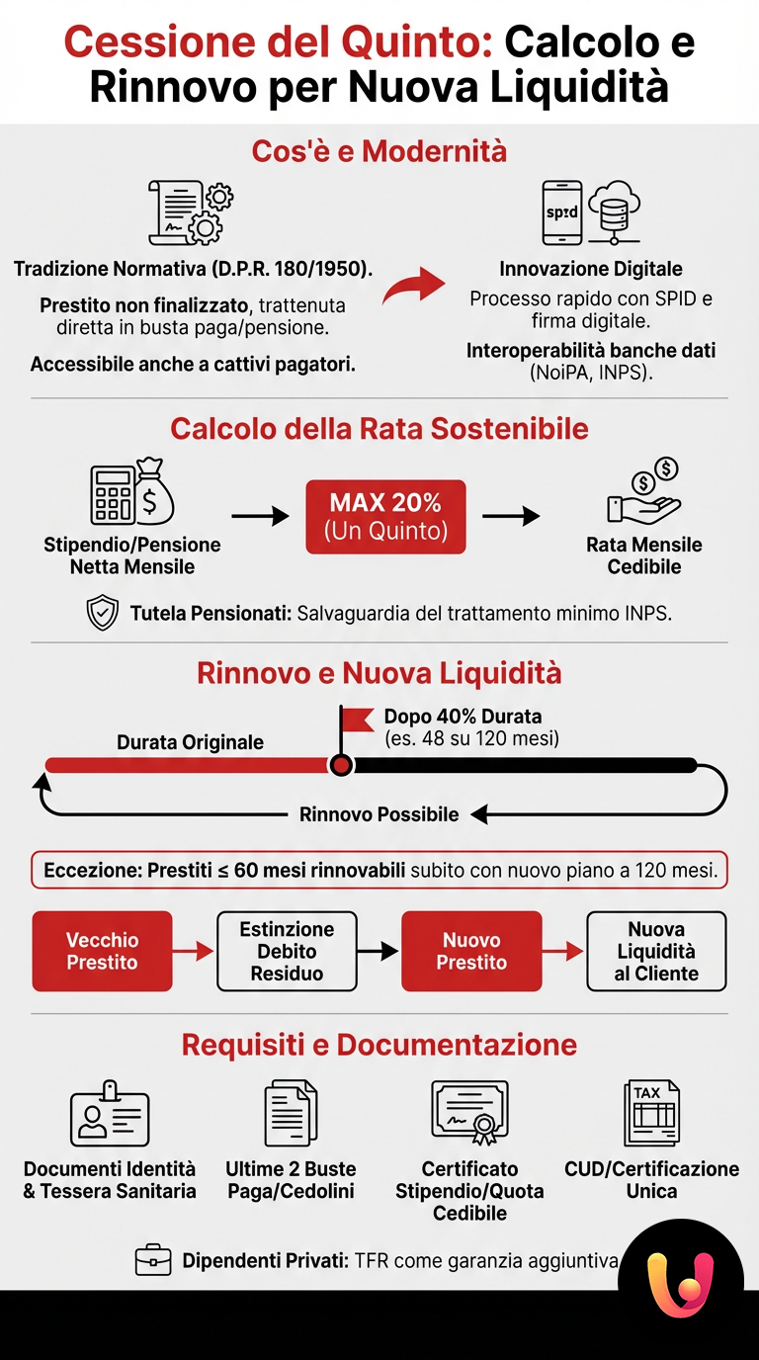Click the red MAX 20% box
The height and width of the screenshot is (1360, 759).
click(x=385, y=516)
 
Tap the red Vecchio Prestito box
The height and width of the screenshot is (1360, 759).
click(x=102, y=951)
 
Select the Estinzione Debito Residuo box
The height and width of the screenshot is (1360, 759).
click(x=287, y=951)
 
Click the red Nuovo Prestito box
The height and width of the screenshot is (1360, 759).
click(x=471, y=951)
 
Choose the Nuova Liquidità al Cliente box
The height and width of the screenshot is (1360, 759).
click(x=656, y=951)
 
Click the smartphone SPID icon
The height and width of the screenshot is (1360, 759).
click(x=561, y=212)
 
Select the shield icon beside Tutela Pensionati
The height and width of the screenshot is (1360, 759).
click(x=103, y=614)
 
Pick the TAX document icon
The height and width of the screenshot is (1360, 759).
click(x=651, y=1113)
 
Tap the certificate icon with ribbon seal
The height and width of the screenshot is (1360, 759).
click(x=469, y=1113)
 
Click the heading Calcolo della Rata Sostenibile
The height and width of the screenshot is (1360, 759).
click(x=379, y=429)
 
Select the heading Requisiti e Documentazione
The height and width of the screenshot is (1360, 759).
click(x=379, y=1045)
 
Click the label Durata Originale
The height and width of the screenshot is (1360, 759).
click(x=190, y=742)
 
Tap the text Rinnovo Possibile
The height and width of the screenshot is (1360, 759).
click(x=379, y=814)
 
